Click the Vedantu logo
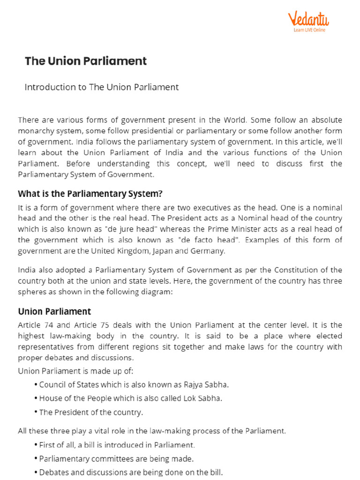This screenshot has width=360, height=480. point(308,19)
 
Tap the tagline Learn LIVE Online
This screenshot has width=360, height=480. point(309,30)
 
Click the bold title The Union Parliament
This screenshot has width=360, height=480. point(86,61)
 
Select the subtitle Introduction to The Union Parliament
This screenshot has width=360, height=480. point(102,87)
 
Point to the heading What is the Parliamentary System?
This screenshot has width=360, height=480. point(90,194)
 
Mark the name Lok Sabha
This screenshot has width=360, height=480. point(204,398)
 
